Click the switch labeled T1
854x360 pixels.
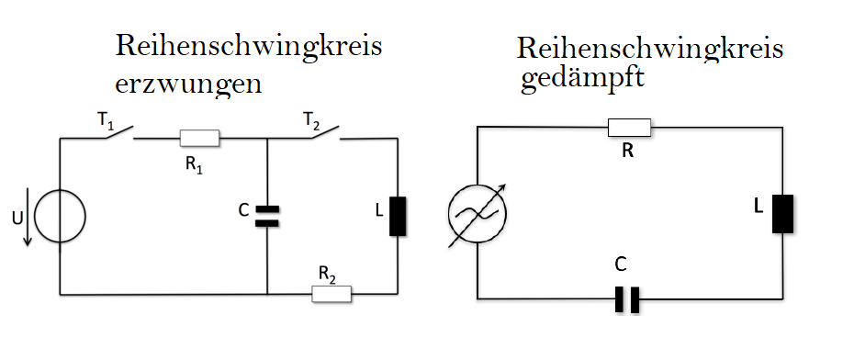coord(118,132)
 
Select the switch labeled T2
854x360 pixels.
coord(326,132)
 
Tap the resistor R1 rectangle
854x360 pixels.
coord(200,139)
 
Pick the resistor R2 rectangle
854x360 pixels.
coord(331,294)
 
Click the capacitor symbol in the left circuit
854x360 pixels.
coord(267,216)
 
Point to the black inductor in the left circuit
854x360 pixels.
coord(398,216)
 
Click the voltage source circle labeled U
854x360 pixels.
coord(60,216)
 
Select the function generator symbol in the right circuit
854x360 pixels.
coord(478,213)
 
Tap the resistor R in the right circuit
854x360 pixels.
coord(629,128)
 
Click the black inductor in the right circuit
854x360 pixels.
coord(782,213)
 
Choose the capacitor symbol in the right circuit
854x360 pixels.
coord(627,299)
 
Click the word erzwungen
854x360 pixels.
coord(188,84)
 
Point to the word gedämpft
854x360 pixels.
coord(582,78)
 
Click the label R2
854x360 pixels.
coord(327,276)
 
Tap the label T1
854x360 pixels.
coord(106,122)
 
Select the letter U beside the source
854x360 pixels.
coord(17,218)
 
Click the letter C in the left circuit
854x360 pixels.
coord(243,209)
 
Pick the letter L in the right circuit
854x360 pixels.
coord(758,207)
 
